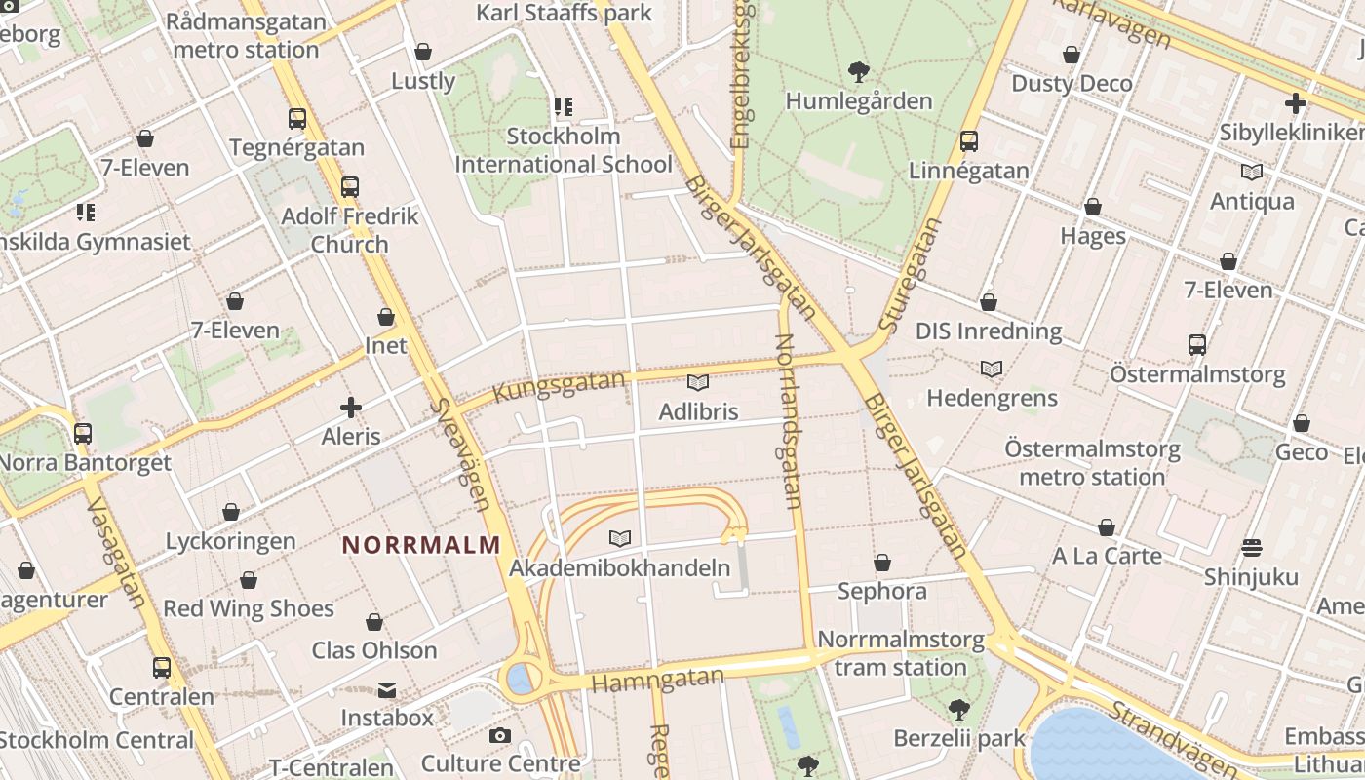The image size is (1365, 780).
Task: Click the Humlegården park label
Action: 859,100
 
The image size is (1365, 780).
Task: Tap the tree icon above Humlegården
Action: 859,70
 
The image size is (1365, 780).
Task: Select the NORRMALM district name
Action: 421,545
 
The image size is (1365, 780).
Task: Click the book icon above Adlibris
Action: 698,382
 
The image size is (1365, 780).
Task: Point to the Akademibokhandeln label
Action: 620,567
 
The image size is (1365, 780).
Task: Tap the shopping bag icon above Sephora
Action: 882,563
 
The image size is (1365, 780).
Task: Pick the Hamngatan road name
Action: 658,680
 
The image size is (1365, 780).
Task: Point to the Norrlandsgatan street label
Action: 788,421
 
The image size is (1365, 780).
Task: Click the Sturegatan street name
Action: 910,275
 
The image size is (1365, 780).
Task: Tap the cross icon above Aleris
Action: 351,407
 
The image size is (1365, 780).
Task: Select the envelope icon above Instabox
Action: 387,690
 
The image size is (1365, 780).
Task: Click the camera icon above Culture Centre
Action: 500,735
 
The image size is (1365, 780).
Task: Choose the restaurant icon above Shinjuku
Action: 1252,548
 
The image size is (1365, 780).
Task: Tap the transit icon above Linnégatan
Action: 969,141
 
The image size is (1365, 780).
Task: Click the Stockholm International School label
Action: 564,150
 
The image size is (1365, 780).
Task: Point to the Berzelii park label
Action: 959,738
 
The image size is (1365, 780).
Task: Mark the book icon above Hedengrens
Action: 992,370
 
